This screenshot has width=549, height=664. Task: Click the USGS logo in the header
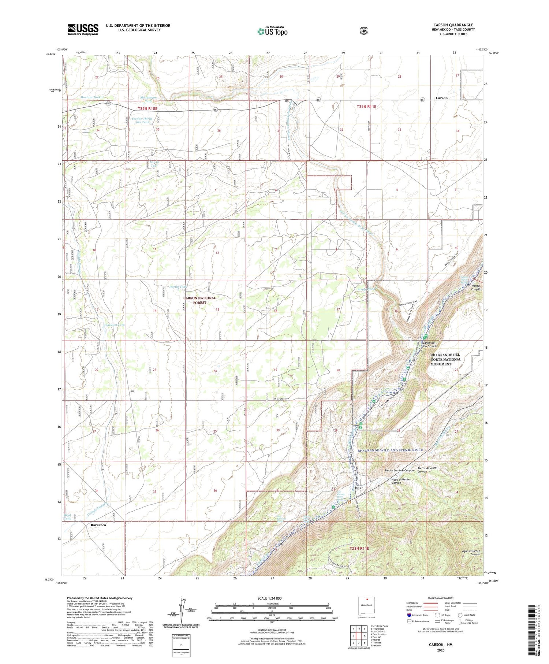click(x=83, y=29)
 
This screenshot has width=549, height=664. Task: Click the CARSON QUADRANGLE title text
click(x=453, y=25)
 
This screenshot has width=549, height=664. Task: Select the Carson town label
click(x=441, y=98)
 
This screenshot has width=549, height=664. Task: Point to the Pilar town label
click(x=359, y=488)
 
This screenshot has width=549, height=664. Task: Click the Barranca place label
click(x=98, y=525)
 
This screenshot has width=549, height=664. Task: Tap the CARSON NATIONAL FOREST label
click(x=200, y=300)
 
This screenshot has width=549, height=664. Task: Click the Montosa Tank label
click(x=90, y=97)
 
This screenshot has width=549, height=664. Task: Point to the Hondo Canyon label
click(x=475, y=287)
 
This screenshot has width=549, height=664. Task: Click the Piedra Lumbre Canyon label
click(x=399, y=470)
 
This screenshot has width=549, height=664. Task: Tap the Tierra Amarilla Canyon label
click(x=422, y=470)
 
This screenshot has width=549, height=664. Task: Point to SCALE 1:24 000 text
click(x=272, y=598)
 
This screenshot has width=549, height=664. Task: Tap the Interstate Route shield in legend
click(x=409, y=615)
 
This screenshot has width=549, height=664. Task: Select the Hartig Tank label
click(x=178, y=287)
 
